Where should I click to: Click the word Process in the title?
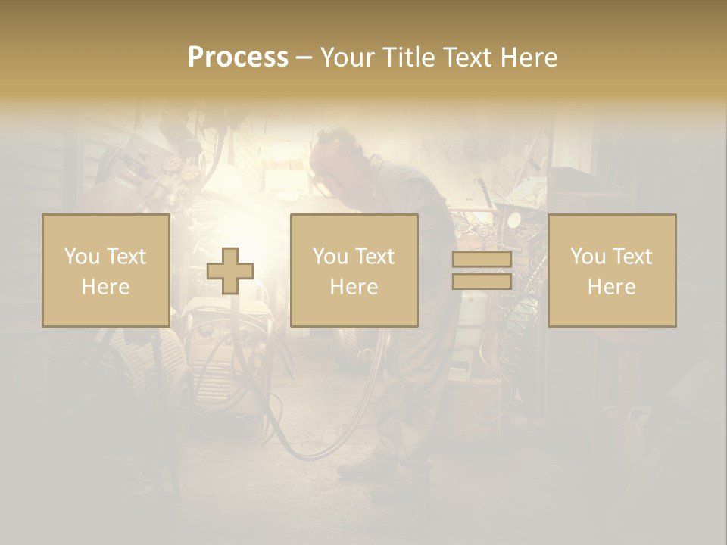(238, 58)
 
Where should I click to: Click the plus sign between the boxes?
(230, 271)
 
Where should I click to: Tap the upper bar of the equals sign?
(482, 260)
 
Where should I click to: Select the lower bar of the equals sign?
(482, 281)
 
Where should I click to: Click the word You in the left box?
(81, 257)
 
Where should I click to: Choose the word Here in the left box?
(105, 287)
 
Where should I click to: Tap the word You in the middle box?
(329, 257)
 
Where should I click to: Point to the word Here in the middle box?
(354, 287)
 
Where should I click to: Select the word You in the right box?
(587, 257)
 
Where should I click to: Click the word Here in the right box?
(611, 287)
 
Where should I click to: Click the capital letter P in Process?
(196, 58)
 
